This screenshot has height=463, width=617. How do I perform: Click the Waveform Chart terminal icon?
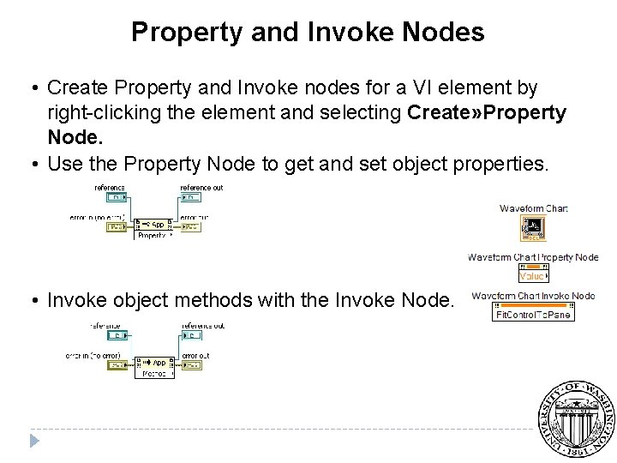pyautogui.click(x=533, y=228)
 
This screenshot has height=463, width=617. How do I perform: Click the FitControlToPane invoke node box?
pyautogui.click(x=533, y=314)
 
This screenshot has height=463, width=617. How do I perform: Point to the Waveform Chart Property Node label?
pyautogui.click(x=533, y=256)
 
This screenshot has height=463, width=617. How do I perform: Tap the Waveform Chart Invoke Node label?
pyautogui.click(x=533, y=296)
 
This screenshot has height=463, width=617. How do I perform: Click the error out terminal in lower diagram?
pyautogui.click(x=193, y=366)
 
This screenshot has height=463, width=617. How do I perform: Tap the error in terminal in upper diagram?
pyautogui.click(x=117, y=227)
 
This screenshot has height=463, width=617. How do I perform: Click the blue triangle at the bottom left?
pyautogui.click(x=35, y=441)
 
